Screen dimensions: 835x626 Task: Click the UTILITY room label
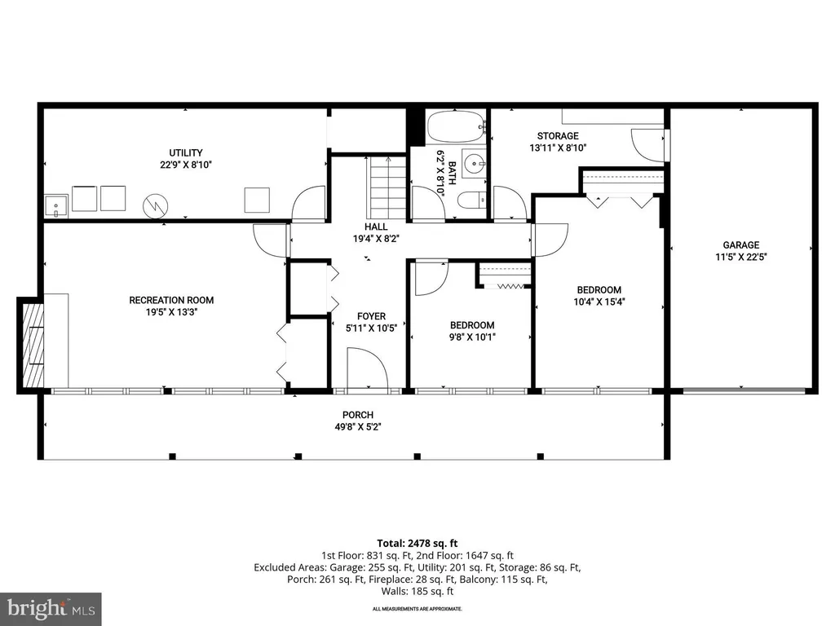pos(186,152)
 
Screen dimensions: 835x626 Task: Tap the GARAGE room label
pos(740,245)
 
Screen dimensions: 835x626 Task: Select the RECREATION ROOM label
pos(171,300)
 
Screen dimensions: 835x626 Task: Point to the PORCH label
pos(358,415)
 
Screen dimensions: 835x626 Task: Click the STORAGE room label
pos(558,136)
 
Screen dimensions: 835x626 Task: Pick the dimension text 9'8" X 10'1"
pos(472,337)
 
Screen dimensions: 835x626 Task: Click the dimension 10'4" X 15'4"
pos(599,302)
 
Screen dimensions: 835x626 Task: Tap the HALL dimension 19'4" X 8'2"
pos(376,239)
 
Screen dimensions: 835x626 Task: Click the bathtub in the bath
pos(457,126)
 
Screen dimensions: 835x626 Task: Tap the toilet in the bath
pos(472,201)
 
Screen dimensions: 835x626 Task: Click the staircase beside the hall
pos(387,187)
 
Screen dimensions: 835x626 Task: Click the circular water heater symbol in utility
pos(156,205)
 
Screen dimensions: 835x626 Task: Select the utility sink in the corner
pos(56,206)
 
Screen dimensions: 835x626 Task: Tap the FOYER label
pos(372,316)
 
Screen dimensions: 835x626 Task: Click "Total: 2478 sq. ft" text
pos(417,544)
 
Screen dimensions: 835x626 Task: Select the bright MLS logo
pos(51,609)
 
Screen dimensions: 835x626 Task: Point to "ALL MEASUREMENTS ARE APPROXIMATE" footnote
pos(417,609)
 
